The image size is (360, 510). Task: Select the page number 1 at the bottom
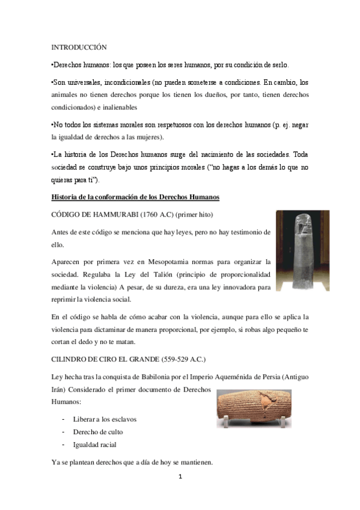pyautogui.click(x=180, y=477)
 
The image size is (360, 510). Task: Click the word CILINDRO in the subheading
pyautogui.click(x=72, y=360)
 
